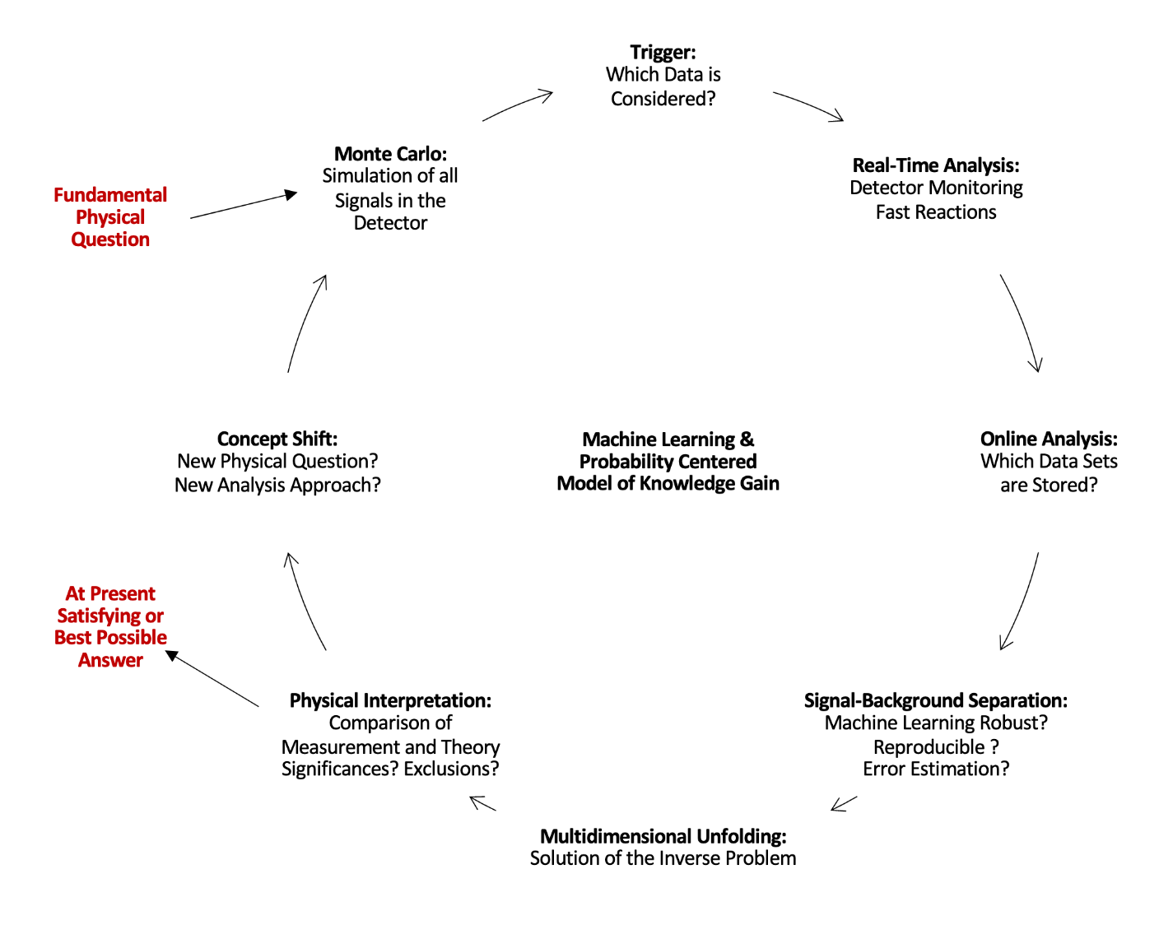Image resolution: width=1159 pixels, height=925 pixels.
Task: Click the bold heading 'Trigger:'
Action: point(663,53)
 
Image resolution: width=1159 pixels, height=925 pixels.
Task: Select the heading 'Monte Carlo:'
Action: point(390,154)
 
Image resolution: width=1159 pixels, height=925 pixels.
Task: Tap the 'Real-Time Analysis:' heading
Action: point(936,165)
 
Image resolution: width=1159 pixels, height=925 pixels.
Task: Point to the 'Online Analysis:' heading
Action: point(1049,439)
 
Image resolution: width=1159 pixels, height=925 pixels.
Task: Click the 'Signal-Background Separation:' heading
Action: point(935,700)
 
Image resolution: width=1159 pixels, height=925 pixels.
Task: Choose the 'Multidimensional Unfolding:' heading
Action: point(663,836)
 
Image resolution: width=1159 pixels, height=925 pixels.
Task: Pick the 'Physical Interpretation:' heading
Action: point(390,700)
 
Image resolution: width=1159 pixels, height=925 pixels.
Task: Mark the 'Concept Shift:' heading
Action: point(277,439)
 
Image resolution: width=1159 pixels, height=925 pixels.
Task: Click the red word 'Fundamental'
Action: point(110,195)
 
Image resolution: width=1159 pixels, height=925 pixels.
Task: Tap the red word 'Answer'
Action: point(110,660)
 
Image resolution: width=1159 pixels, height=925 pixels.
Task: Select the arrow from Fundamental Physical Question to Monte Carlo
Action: point(243,206)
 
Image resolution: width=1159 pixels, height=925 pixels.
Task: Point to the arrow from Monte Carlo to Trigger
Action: point(517,105)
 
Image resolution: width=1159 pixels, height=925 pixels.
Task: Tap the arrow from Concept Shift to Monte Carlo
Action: point(305,323)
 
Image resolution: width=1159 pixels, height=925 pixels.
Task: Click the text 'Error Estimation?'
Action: point(936,769)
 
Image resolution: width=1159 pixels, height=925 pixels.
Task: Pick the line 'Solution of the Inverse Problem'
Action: point(663,858)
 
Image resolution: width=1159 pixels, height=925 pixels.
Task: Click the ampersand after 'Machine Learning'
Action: point(747,439)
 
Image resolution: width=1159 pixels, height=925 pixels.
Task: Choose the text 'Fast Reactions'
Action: point(936,212)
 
